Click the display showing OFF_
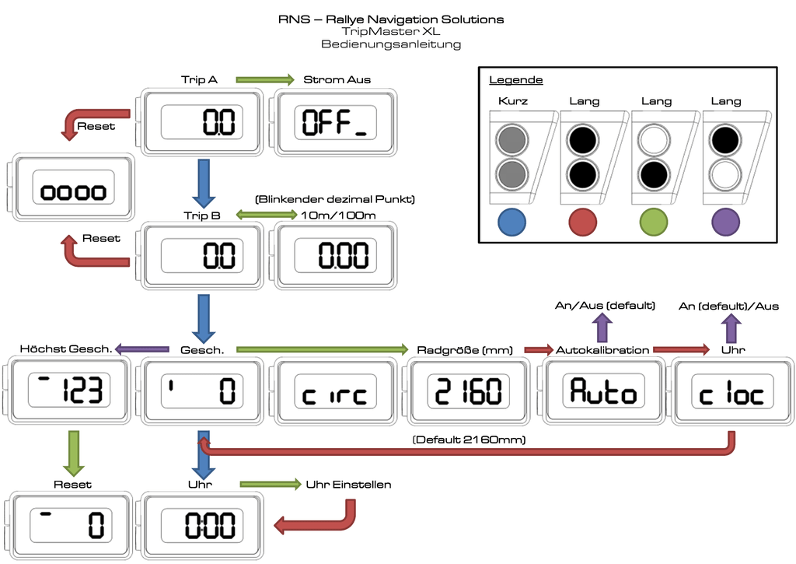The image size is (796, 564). point(334,122)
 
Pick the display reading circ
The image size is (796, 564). point(334,393)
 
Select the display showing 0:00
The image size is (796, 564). point(200,525)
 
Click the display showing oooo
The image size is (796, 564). point(72,191)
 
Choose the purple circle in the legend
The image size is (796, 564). point(726,222)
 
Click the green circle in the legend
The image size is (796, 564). point(655,222)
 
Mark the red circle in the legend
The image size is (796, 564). point(583,222)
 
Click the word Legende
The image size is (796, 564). point(516,80)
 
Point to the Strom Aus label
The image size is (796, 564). point(337,79)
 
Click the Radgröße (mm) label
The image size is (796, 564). point(464,350)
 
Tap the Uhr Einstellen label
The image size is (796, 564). point(349,485)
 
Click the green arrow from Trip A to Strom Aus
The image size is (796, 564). point(264,79)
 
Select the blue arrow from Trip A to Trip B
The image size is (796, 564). point(204,182)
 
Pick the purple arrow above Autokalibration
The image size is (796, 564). point(604,327)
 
